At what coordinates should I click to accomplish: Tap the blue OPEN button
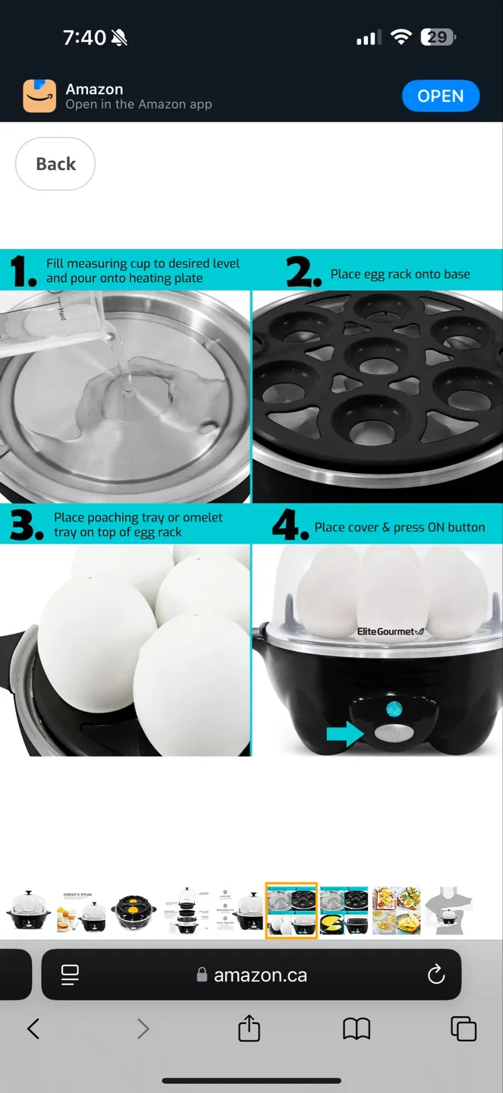440,96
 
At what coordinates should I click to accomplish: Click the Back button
55,164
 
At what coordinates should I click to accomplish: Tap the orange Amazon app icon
39,96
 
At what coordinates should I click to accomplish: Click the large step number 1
23,271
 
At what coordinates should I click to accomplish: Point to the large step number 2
303,272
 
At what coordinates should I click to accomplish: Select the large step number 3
26,525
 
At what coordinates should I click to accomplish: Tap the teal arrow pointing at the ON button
344,734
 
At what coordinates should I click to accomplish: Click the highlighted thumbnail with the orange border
291,910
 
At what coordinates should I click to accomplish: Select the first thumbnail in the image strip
28,910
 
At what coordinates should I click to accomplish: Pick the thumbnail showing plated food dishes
396,910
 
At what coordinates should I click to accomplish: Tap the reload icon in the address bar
436,975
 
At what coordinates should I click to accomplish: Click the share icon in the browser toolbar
249,1028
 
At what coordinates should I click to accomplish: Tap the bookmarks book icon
357,1028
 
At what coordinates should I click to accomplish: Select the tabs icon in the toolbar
464,1028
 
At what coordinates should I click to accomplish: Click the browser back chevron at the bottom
33,1028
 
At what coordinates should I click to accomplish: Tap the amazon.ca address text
259,975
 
